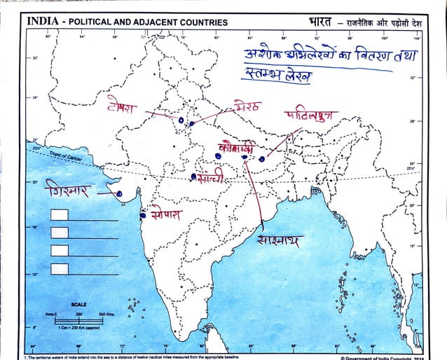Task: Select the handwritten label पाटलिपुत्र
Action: [x=311, y=116]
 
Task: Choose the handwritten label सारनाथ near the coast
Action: [x=280, y=242]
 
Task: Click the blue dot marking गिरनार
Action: [x=120, y=194]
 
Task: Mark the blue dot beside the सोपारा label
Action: [x=143, y=214]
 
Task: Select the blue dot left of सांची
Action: [x=193, y=176]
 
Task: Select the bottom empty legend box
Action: [x=60, y=267]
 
